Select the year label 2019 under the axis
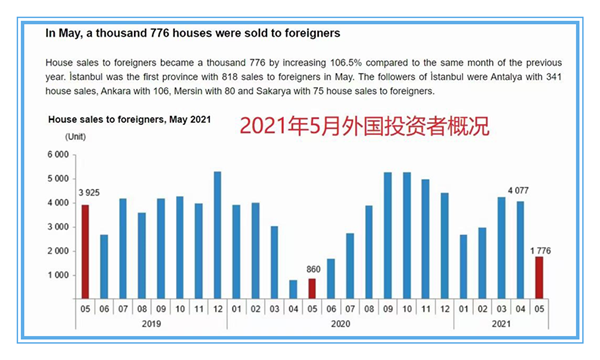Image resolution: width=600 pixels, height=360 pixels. coord(150,325)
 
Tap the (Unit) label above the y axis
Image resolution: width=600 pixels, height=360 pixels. coord(75,135)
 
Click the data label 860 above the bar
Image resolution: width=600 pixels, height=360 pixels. coord(312,269)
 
